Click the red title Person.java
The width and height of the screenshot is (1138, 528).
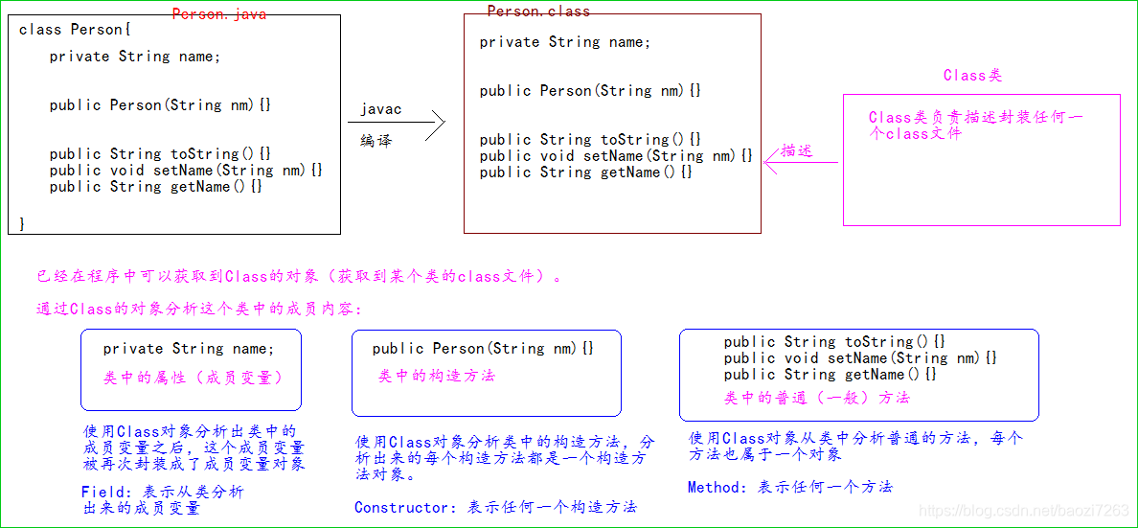[219, 14]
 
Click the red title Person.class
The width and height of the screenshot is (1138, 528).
[538, 11]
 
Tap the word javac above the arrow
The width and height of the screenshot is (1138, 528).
[380, 109]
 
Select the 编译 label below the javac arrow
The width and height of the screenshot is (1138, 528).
[376, 140]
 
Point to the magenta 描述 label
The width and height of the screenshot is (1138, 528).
[796, 150]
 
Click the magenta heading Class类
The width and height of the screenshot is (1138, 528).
[972, 75]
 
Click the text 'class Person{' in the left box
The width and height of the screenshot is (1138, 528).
[71, 30]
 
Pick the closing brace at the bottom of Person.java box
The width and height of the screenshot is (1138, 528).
[22, 222]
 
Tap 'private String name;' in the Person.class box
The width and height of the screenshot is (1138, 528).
[564, 42]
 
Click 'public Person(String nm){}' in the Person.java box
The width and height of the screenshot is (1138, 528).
[160, 105]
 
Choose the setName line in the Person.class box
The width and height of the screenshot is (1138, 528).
[616, 156]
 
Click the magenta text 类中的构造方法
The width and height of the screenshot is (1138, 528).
[436, 376]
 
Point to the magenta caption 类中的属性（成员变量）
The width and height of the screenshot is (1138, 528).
[193, 378]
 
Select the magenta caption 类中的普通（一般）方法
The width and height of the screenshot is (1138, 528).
[816, 397]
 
